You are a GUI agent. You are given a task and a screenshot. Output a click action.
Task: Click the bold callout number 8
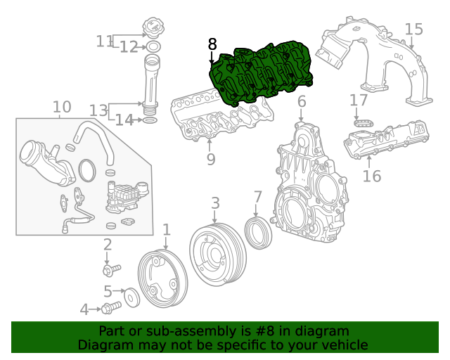point(212,44)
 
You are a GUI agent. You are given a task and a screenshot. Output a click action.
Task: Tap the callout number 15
point(413,30)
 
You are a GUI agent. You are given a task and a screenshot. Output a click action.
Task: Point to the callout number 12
point(129,47)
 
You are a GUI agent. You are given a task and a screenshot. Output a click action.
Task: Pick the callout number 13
point(98,110)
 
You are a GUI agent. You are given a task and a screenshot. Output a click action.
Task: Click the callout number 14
point(124,120)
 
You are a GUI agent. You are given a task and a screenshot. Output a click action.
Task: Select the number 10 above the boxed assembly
point(62,107)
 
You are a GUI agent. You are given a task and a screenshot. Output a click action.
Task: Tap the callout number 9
point(210,160)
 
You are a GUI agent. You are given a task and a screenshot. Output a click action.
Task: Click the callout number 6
point(302,103)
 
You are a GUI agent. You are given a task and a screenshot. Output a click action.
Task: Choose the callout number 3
point(215,204)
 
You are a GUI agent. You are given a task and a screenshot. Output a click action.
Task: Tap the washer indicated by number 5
point(131,297)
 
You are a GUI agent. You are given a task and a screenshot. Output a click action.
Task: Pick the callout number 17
point(359,101)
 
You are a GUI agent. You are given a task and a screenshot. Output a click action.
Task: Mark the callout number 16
point(372,176)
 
